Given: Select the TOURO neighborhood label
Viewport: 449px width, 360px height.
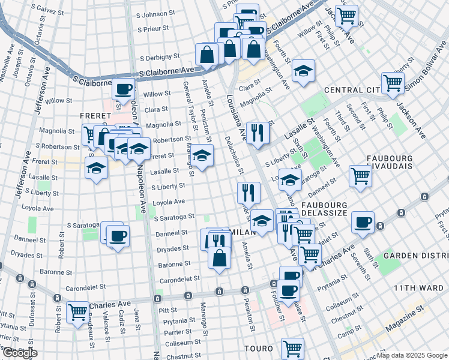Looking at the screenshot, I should coord(259,348).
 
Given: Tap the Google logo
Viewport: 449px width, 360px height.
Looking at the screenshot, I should coord(19,352).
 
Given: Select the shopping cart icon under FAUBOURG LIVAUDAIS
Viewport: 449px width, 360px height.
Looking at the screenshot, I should coord(360,175).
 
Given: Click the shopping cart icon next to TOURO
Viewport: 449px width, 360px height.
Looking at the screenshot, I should coord(292,347).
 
